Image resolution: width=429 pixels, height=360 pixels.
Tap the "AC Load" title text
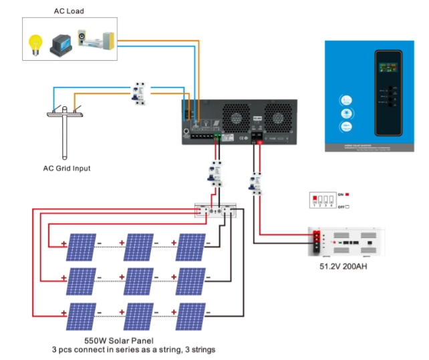click(x=69, y=11)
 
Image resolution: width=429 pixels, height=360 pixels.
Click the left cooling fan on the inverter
click(x=235, y=117)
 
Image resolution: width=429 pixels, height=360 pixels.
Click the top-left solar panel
click(x=80, y=246)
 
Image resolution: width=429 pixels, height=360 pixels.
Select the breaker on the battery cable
click(x=256, y=182)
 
